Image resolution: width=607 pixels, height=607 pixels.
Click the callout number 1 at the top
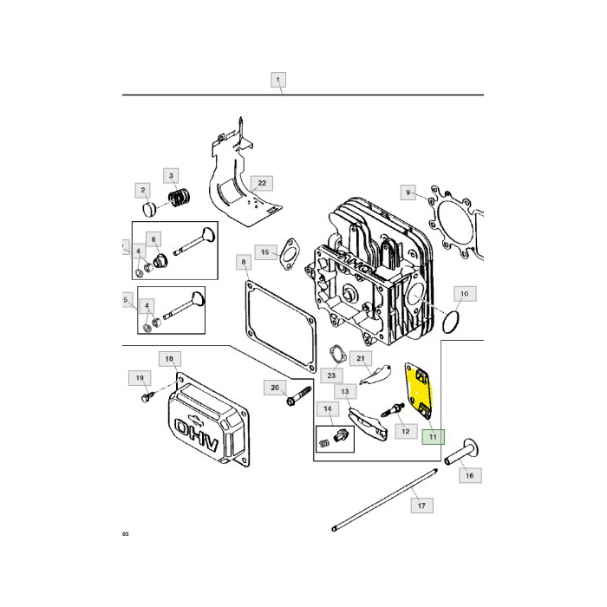tap(277, 81)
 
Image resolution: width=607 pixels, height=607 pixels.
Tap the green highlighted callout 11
tap(432, 438)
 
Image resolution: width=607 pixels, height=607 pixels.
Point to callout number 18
tap(168, 358)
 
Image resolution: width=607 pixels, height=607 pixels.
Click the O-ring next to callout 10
tap(448, 323)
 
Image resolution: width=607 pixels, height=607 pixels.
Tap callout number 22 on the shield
tap(260, 183)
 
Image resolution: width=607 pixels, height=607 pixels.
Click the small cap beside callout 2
tap(148, 210)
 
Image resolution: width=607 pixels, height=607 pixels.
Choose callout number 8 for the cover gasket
tap(244, 261)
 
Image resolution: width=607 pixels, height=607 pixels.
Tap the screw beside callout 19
tap(148, 396)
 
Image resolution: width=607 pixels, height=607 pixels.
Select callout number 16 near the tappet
tap(468, 475)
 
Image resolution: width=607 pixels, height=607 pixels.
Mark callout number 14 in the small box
tap(327, 408)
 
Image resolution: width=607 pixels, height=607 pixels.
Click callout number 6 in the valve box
tap(153, 238)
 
